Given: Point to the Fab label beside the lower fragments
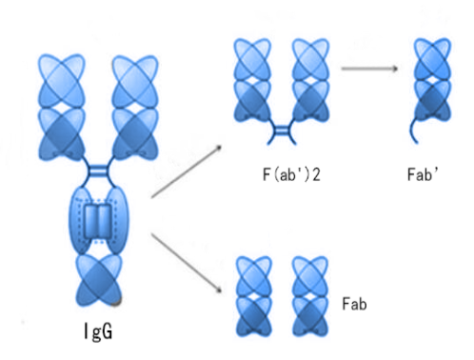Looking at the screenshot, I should point(354,304).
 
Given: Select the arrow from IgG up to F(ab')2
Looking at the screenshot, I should point(185,172).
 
